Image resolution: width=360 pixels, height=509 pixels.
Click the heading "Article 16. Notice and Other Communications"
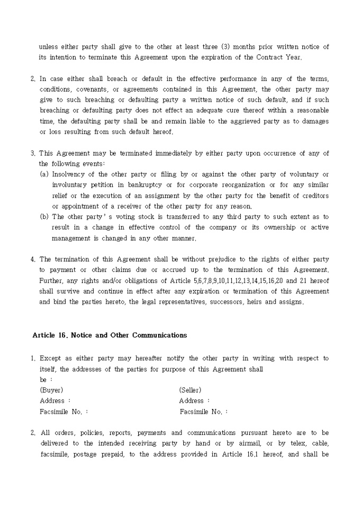pyautogui.click(x=110, y=335)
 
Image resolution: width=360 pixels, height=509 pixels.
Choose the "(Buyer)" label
pyautogui.click(x=51, y=390)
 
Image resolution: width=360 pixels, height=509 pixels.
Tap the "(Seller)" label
pyautogui.click(x=190, y=390)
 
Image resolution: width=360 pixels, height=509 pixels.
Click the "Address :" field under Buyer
pyautogui.click(x=55, y=401)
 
